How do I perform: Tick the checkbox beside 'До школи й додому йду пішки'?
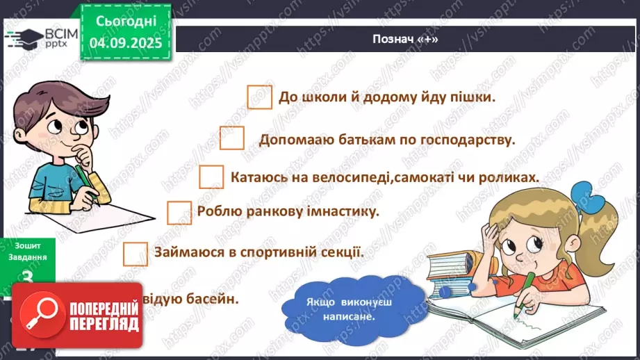259,97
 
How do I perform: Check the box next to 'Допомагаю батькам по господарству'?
232,138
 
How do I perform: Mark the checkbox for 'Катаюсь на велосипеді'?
211,177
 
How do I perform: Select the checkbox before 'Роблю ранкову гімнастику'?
179,213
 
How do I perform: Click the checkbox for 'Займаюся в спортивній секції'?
135,253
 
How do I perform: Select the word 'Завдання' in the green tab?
28,256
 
